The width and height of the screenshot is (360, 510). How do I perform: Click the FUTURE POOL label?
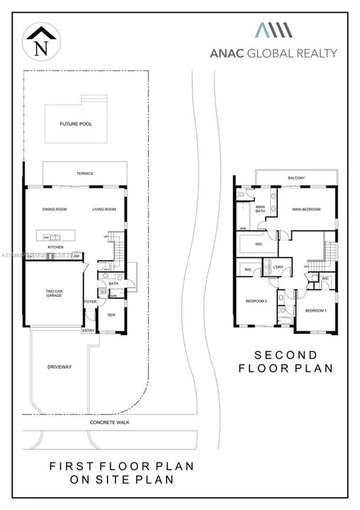[x=76, y=124]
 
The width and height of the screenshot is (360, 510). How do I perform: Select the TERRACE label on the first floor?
[x=85, y=174]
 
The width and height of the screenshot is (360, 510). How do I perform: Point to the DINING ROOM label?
[x=55, y=210]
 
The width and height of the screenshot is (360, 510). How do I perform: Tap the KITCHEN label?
[x=56, y=247]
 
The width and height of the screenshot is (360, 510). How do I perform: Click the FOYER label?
[x=91, y=300]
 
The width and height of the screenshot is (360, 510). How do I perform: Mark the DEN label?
[x=111, y=315]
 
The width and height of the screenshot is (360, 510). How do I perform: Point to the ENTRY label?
[x=88, y=331]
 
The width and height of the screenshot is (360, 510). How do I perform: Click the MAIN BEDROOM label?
[x=306, y=210]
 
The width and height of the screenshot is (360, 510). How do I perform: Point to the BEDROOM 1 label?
[x=315, y=310]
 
